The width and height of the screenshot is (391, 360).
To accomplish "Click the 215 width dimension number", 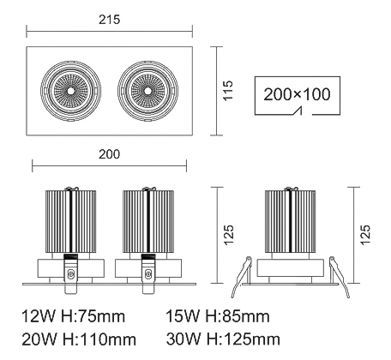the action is (110, 20).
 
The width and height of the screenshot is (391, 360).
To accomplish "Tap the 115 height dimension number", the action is (228, 90).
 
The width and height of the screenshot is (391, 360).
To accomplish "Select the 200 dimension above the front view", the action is (110, 154).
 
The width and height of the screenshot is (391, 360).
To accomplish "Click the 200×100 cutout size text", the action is (297, 94).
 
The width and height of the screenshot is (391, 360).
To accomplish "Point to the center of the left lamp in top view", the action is (70, 91).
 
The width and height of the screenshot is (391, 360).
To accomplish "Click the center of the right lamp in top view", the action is (147, 91).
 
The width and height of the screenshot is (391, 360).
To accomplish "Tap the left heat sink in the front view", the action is (70, 221).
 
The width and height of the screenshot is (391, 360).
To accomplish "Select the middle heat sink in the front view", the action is (148, 221).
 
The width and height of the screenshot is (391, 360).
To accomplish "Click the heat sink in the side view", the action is (291, 221).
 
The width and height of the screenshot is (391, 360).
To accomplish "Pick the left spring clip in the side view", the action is (242, 277).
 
